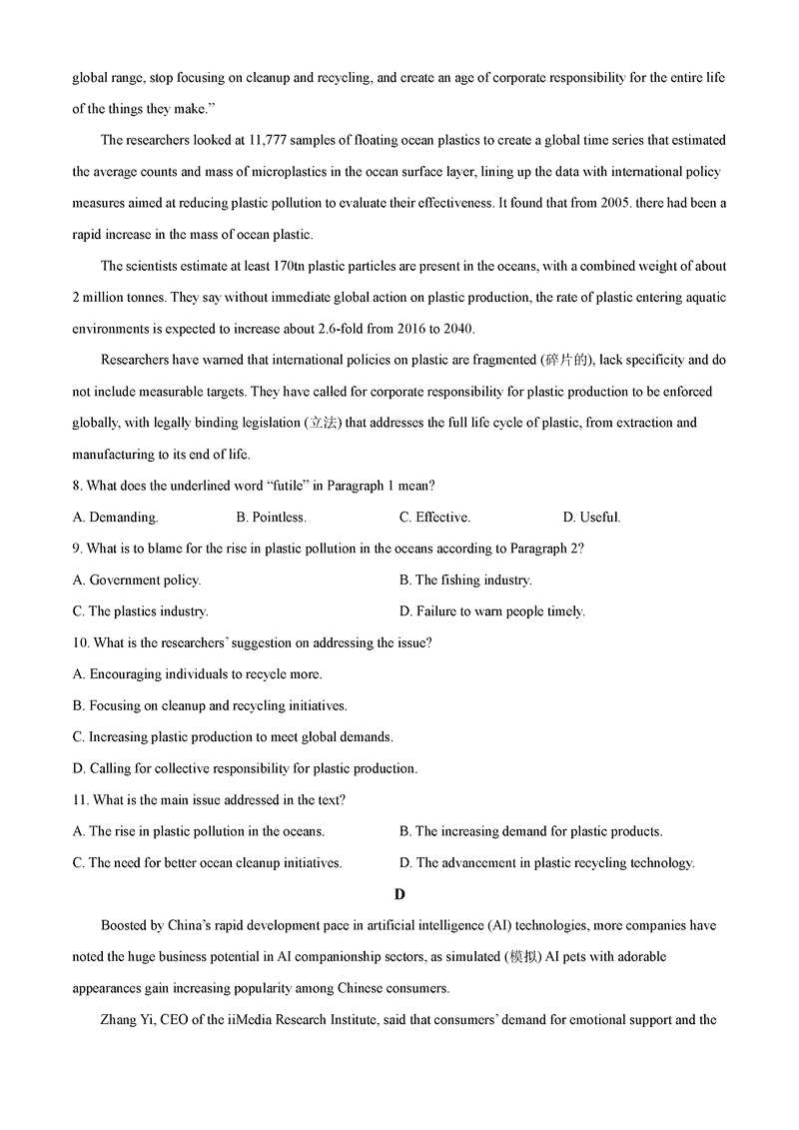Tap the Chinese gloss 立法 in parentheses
click(x=322, y=423)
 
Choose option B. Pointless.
click(x=271, y=518)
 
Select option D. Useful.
click(x=591, y=518)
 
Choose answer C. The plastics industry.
click(x=140, y=611)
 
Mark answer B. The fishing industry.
click(x=465, y=579)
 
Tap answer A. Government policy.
click(x=137, y=579)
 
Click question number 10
click(x=80, y=642)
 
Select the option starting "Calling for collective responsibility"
click(x=245, y=768)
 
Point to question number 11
click(x=80, y=799)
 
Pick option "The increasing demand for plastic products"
click(x=530, y=831)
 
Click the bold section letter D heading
click(x=399, y=894)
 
